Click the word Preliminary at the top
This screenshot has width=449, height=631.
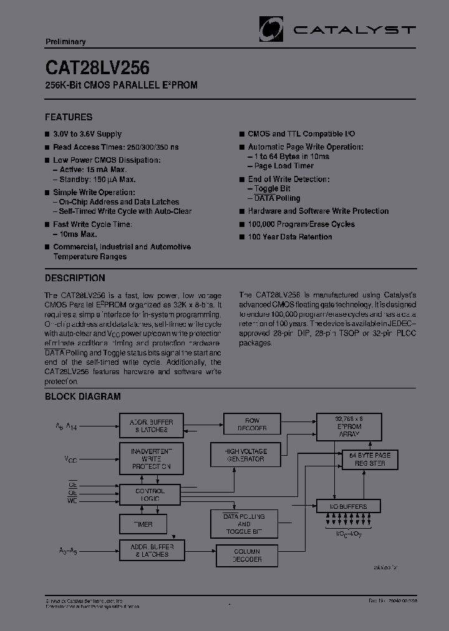coord(65,42)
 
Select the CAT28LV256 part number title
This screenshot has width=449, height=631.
coord(97,67)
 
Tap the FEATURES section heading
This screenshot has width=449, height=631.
coord(69,117)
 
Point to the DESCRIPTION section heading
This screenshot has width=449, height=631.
coord(75,278)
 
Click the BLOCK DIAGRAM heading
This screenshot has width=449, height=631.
coord(82,397)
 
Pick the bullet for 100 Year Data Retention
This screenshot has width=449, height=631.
coord(242,237)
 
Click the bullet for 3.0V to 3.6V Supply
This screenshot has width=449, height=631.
coord(47,134)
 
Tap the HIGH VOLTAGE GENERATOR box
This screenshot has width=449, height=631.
coord(246,455)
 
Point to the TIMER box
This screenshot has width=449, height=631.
coord(143,524)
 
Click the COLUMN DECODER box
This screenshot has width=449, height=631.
coord(247,555)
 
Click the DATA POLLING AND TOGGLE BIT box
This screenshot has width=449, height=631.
coord(244,524)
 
